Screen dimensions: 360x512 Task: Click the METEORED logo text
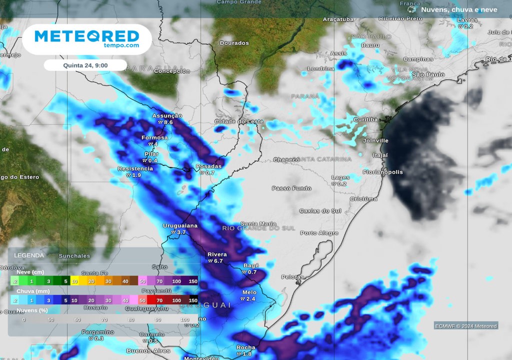click(86, 36)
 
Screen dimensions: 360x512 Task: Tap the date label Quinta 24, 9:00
click(85, 65)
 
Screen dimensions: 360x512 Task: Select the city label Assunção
click(167, 115)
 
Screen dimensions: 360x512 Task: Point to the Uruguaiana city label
click(180, 225)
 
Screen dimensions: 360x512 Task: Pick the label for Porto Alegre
click(319, 233)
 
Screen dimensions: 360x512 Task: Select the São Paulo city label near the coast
click(428, 74)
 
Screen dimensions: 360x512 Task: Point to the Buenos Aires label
click(148, 351)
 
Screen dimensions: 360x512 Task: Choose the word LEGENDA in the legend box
click(29, 255)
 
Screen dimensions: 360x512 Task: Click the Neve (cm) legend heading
click(30, 272)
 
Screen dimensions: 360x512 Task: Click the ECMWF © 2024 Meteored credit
click(466, 326)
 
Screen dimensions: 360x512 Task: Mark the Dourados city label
click(234, 43)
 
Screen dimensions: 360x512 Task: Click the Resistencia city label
click(135, 168)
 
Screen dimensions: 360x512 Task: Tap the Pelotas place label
click(292, 276)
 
